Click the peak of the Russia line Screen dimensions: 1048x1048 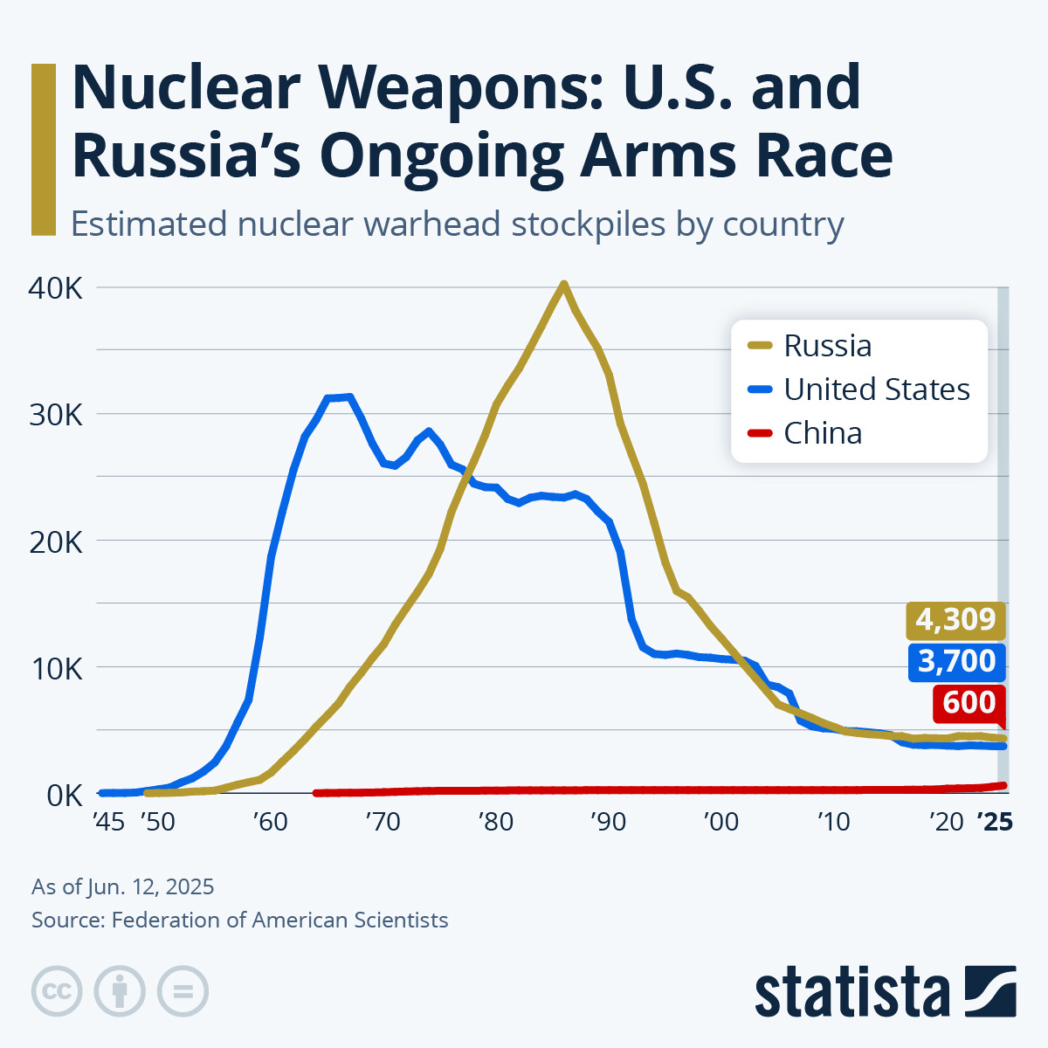pyautogui.click(x=564, y=284)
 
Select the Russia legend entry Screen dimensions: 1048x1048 pyautogui.click(x=827, y=346)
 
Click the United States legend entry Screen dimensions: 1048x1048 pyautogui.click(x=876, y=390)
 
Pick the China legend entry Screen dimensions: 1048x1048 pyautogui.click(x=822, y=433)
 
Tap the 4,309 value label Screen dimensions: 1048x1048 pyautogui.click(x=955, y=620)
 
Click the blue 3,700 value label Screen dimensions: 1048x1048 pyautogui.click(x=956, y=661)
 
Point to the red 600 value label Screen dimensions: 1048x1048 pyautogui.click(x=969, y=703)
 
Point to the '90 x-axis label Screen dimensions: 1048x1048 pyautogui.click(x=608, y=822)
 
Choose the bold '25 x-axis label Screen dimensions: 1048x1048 pyautogui.click(x=995, y=822)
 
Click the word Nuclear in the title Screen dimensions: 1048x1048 pyautogui.click(x=185, y=89)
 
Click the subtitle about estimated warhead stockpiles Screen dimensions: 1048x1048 pyautogui.click(x=457, y=224)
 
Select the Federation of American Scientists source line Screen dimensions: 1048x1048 pyautogui.click(x=239, y=920)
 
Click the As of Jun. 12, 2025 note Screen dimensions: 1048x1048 pyautogui.click(x=122, y=886)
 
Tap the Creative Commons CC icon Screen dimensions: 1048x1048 pyautogui.click(x=57, y=991)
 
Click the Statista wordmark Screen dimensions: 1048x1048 pyautogui.click(x=851, y=993)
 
